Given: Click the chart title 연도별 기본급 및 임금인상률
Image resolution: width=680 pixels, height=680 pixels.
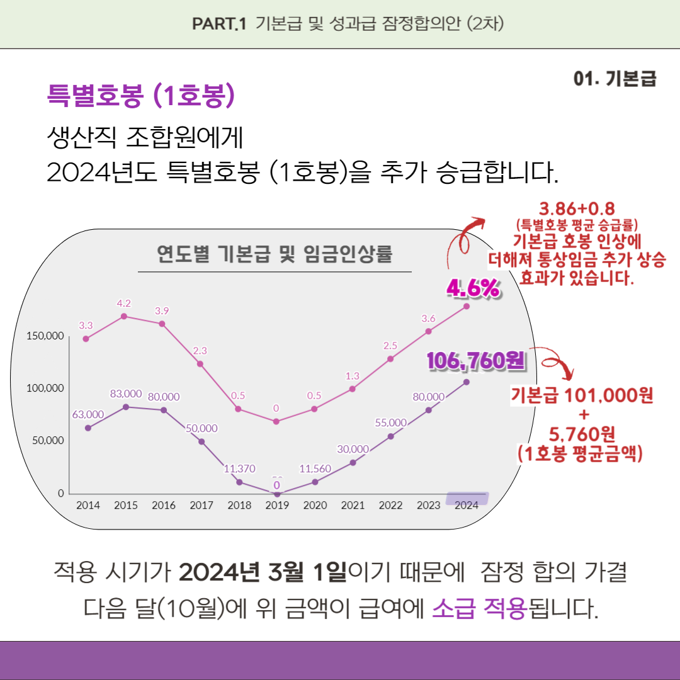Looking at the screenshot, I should [275, 254].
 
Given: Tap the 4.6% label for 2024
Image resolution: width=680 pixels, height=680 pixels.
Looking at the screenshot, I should [473, 288].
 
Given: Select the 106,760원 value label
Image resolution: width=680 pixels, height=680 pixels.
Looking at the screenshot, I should [476, 361].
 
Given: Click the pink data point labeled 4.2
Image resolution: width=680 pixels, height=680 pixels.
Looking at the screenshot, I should [124, 316].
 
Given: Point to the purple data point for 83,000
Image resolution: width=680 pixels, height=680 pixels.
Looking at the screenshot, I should [125, 407].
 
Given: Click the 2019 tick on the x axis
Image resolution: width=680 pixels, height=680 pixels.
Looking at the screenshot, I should [277, 505].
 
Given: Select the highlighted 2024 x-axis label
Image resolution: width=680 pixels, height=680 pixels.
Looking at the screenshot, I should [467, 504].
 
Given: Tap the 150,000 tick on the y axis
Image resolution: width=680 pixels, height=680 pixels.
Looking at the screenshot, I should [46, 336].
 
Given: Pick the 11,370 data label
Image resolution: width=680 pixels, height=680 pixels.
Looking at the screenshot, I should [239, 468].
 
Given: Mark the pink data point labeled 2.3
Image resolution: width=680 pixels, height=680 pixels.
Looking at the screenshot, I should [200, 364].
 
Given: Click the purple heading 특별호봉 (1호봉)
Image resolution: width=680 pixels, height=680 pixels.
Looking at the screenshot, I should [141, 95].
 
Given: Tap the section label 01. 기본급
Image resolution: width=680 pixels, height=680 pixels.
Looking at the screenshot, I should [615, 79].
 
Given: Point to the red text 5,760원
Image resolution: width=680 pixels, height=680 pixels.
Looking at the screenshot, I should [582, 434].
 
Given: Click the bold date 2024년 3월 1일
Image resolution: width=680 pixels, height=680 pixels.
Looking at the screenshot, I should [263, 573].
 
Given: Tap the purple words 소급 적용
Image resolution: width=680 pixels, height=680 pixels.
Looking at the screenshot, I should [479, 609].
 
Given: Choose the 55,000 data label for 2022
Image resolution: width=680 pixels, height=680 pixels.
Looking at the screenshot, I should [390, 422].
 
